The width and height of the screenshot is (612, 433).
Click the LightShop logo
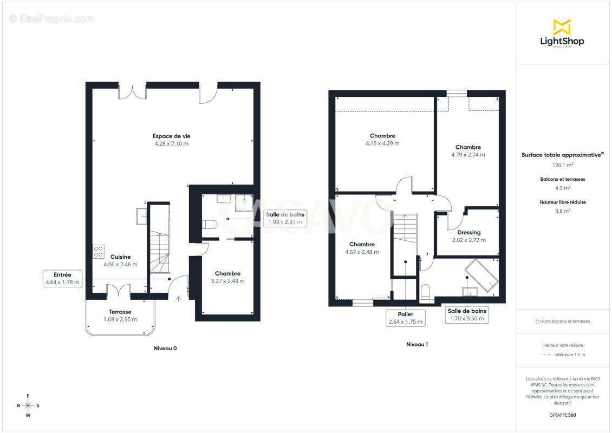click(x=562, y=34)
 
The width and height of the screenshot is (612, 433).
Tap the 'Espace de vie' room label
click(x=171, y=136)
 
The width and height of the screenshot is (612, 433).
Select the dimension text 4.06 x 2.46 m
click(x=120, y=265)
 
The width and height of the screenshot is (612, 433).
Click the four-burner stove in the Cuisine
click(x=99, y=252)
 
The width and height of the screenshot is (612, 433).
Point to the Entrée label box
click(x=62, y=279)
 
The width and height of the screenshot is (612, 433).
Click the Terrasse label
click(x=120, y=312)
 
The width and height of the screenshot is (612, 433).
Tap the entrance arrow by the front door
click(x=178, y=299)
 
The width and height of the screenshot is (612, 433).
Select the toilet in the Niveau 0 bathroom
click(x=210, y=225)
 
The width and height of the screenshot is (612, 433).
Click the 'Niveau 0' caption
click(x=165, y=349)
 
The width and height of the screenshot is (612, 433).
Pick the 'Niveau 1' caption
click(x=417, y=344)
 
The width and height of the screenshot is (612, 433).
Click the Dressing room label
click(x=469, y=233)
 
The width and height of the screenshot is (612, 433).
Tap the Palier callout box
click(x=406, y=318)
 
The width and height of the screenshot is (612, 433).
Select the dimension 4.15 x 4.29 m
click(x=382, y=143)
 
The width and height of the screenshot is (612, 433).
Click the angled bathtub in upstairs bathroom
click(x=481, y=274)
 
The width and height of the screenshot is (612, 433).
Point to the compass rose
click(x=28, y=406)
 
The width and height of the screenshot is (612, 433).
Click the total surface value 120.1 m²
click(x=562, y=165)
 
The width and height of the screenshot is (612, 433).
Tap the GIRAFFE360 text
click(x=562, y=415)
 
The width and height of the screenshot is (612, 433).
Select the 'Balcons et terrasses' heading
click(x=562, y=180)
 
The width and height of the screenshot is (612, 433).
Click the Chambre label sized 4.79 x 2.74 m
click(x=468, y=147)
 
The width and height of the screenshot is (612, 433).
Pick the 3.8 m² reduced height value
click(x=562, y=211)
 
